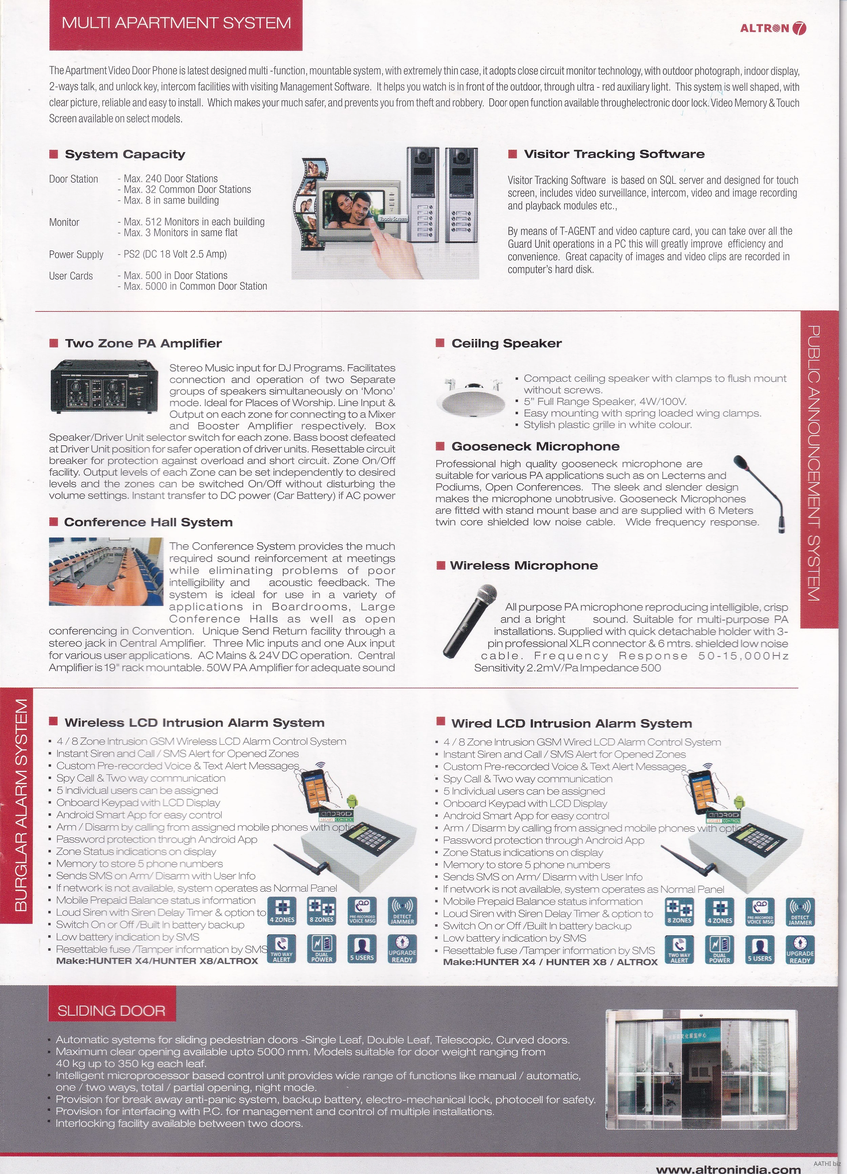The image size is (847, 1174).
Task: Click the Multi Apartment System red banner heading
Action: (176, 23)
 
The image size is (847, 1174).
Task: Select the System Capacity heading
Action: (125, 154)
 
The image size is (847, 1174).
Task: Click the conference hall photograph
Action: (106, 571)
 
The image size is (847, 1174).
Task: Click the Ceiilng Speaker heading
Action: (506, 343)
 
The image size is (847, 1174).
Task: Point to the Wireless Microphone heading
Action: (524, 565)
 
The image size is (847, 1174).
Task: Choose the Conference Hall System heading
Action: (148, 522)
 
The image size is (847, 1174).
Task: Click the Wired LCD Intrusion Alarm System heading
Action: (571, 723)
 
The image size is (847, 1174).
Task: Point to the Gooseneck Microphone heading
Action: (535, 446)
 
